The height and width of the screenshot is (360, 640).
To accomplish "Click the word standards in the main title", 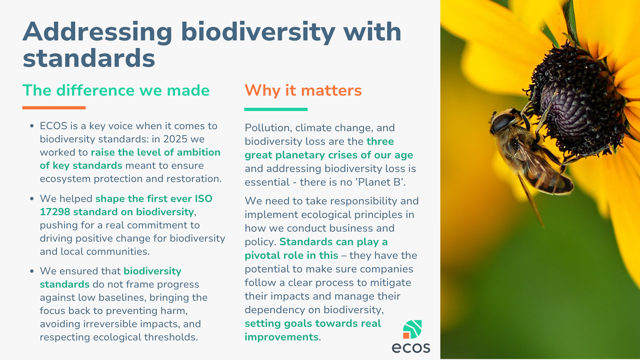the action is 89,58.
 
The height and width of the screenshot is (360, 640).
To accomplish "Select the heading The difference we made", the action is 116,90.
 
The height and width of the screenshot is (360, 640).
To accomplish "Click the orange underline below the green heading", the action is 54,108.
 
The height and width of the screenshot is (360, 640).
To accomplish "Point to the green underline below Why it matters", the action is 276,109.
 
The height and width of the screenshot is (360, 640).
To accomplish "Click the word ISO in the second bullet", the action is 204,198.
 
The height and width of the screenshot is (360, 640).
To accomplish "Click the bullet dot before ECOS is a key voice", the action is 32,126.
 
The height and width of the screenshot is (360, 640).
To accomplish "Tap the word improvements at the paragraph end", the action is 282,337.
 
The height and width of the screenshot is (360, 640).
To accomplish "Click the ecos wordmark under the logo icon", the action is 411,348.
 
